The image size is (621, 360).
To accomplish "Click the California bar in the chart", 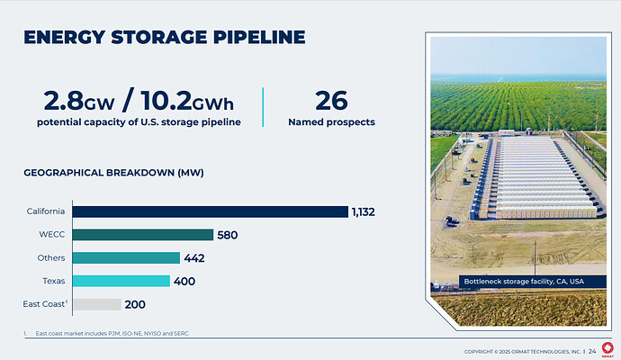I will click(210, 211).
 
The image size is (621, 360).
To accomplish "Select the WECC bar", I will click(142, 235).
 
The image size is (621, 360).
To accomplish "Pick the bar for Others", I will click(126, 258).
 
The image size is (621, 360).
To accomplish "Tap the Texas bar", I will click(121, 281).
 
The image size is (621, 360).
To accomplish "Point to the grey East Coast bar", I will click(96, 304).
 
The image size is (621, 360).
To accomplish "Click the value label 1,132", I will click(364, 211).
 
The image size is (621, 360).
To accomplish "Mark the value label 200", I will click(134, 304).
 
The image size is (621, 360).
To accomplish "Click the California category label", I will click(45, 211).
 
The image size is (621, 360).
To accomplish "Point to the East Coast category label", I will click(44, 304).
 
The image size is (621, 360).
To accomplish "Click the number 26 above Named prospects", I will click(330, 100).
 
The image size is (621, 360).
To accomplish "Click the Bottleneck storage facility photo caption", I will click(523, 282).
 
